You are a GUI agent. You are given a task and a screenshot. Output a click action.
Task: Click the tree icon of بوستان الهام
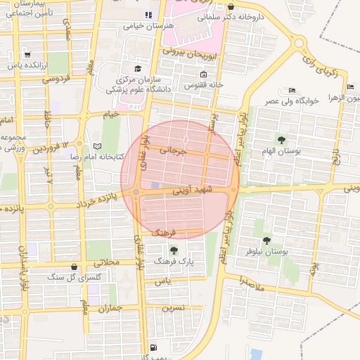click(x=282, y=140)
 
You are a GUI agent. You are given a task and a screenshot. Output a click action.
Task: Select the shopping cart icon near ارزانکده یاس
click(x=27, y=54)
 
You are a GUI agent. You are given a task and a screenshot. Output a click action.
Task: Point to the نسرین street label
click(x=173, y=307)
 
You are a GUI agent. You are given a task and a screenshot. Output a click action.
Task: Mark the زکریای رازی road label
click(x=321, y=67)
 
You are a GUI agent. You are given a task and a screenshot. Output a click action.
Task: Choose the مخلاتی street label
click(x=108, y=262)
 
